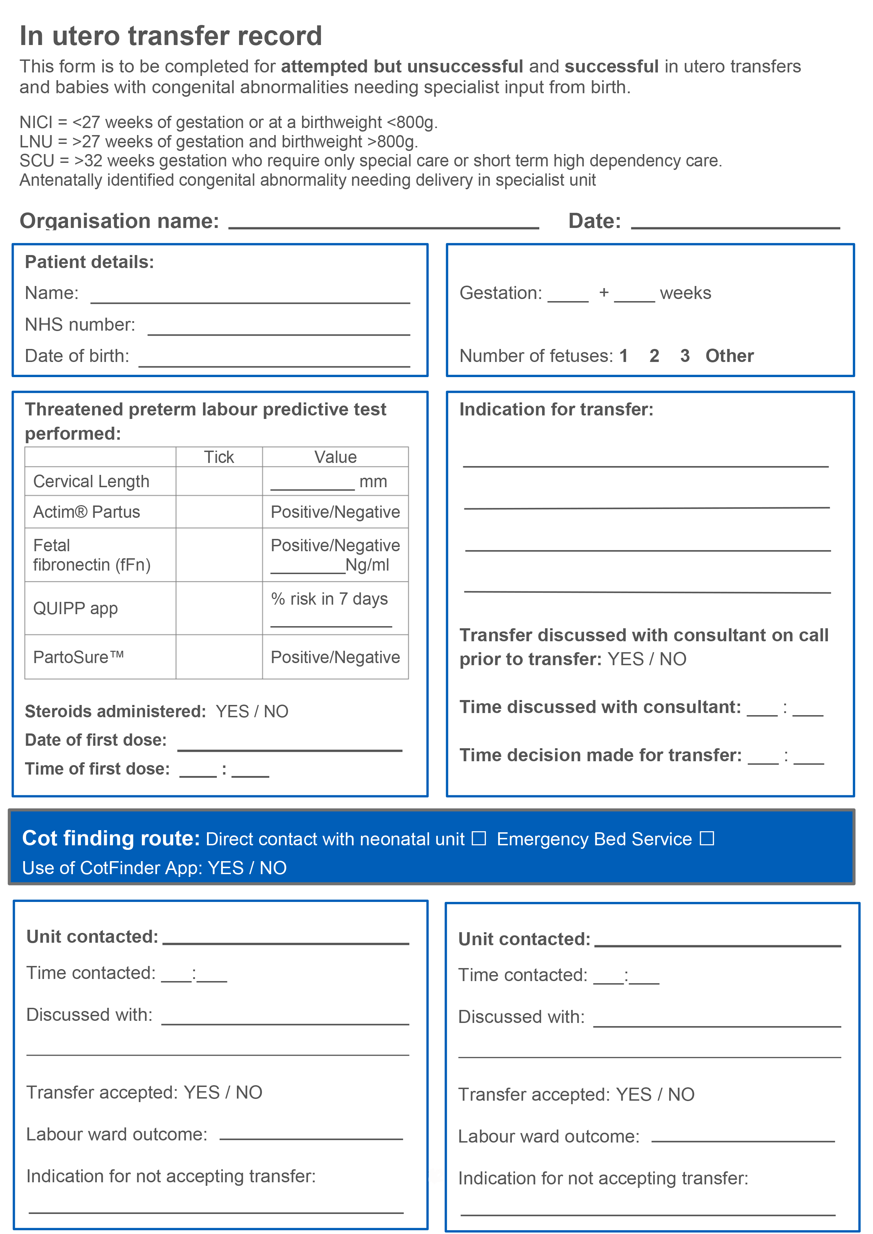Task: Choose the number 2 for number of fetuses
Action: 654,356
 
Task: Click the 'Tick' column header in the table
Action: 219,457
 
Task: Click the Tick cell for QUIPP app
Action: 219,609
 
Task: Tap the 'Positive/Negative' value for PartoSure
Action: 335,657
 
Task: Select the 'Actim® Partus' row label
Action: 87,512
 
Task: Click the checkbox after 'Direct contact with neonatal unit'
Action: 479,838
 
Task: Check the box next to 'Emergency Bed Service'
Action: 707,838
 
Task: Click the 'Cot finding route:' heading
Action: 111,838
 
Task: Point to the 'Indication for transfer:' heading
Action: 556,409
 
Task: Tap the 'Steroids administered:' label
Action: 115,712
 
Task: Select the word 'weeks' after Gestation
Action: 685,293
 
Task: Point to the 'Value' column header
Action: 335,457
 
